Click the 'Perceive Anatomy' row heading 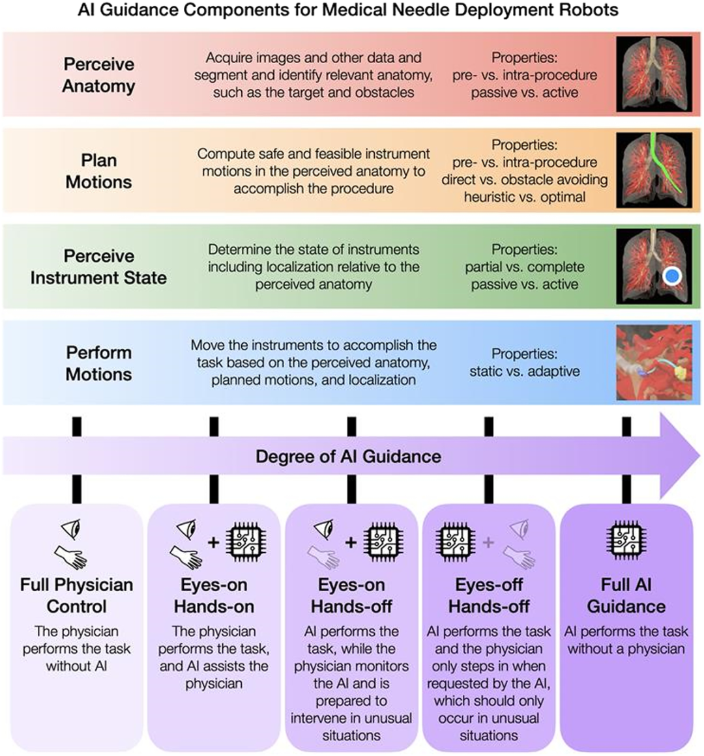[98, 75]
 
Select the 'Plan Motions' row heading [98, 171]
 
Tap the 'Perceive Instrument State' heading [98, 266]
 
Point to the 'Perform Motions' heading [98, 363]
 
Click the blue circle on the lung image [671, 276]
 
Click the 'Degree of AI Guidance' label [348, 456]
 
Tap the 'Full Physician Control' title [76, 595]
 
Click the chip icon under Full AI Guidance [626, 541]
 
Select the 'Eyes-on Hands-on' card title [214, 595]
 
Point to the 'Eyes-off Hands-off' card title [488, 595]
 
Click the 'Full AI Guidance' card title [626, 595]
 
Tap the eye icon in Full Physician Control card [70, 529]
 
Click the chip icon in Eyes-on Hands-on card [245, 542]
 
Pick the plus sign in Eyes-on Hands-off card [351, 541]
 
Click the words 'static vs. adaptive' [524, 372]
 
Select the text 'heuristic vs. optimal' [524, 197]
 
